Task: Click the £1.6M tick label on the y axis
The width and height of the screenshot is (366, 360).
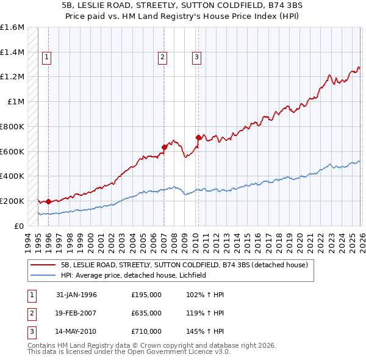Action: pyautogui.click(x=12, y=27)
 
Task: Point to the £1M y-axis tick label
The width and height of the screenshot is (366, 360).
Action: pyautogui.click(x=16, y=102)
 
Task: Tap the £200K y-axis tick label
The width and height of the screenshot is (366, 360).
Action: pyautogui.click(x=12, y=201)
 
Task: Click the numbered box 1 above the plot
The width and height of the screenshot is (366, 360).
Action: pyautogui.click(x=48, y=58)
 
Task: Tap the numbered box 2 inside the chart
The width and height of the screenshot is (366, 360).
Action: pyautogui.click(x=163, y=58)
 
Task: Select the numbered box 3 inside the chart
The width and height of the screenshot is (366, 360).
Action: pyautogui.click(x=197, y=58)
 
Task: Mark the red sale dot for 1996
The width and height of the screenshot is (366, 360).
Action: pyautogui.click(x=48, y=201)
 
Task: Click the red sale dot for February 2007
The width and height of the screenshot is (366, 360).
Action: pyautogui.click(x=164, y=146)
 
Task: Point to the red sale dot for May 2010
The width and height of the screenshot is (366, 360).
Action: pyautogui.click(x=198, y=137)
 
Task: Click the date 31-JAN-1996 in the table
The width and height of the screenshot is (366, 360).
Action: pyautogui.click(x=76, y=295)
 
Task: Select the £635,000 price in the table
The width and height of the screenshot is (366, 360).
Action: pyautogui.click(x=146, y=313)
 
